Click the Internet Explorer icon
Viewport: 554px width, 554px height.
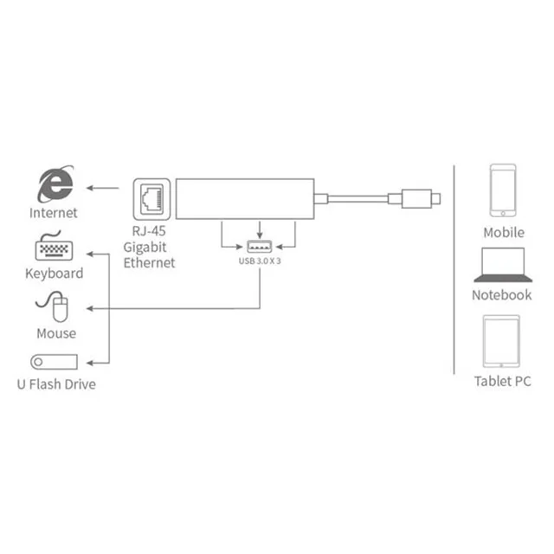click(x=54, y=184)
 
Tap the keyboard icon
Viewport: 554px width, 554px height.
click(x=54, y=248)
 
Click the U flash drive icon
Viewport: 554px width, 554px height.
click(x=54, y=362)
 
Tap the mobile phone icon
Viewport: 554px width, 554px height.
click(x=503, y=190)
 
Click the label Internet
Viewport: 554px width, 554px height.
click(x=54, y=213)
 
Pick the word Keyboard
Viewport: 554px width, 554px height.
click(x=54, y=274)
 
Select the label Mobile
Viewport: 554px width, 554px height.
click(x=503, y=232)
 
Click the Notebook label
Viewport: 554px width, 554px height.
click(x=502, y=294)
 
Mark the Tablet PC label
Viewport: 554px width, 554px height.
click(x=502, y=381)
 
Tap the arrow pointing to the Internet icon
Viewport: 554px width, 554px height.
click(x=104, y=187)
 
